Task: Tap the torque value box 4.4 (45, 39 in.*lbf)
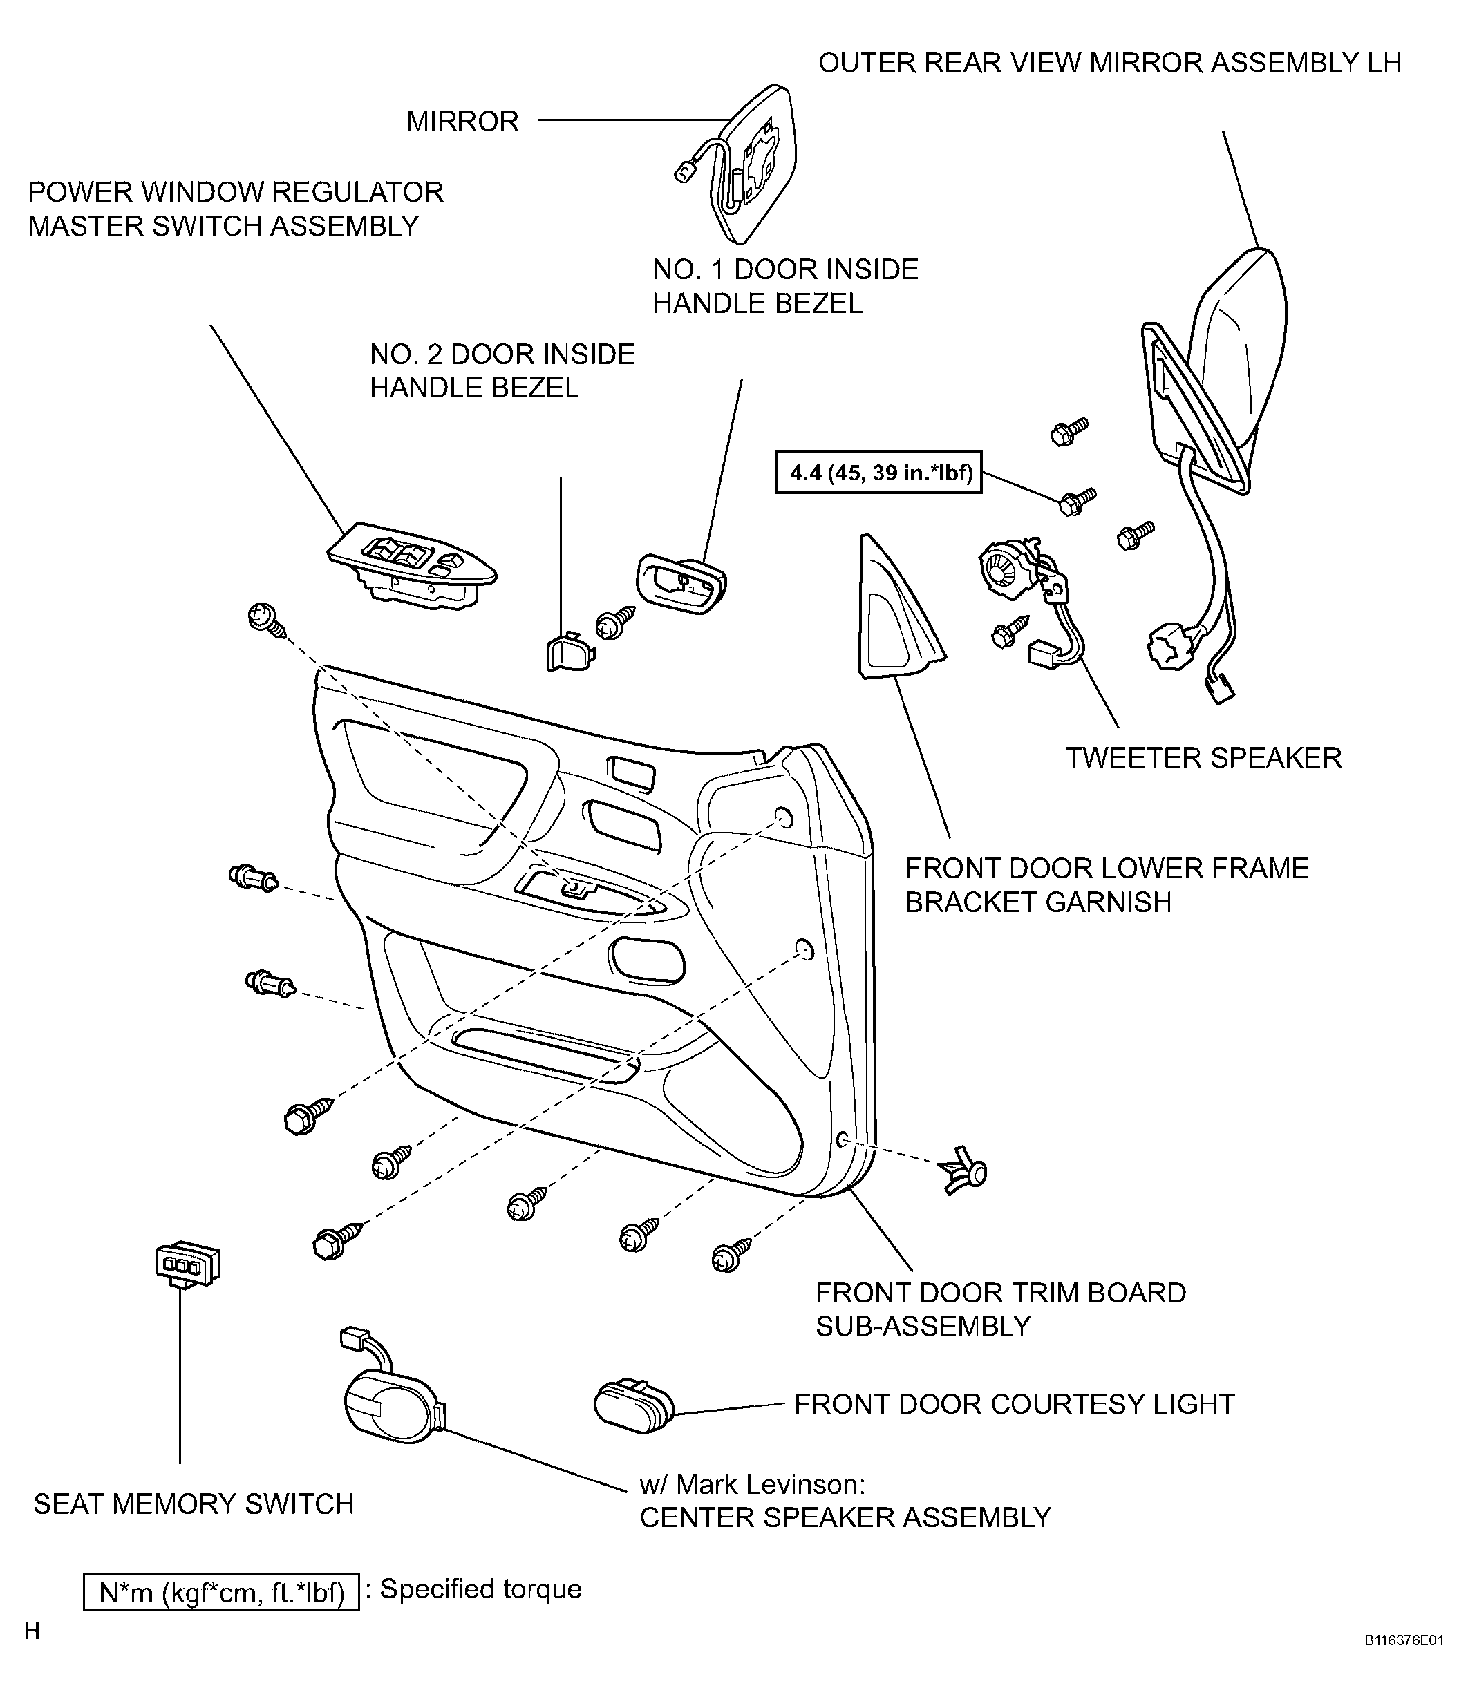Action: pos(878,473)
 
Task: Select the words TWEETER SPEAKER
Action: pos(1203,757)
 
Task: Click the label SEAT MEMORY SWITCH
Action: pos(194,1504)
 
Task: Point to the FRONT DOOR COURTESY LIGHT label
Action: pos(1014,1404)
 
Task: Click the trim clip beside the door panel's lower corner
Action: pos(965,1175)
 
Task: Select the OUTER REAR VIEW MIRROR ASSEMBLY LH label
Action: pos(1110,62)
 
